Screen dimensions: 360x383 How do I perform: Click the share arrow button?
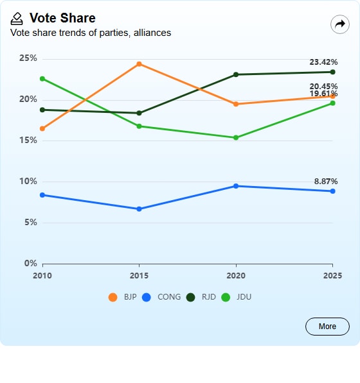pyautogui.click(x=340, y=24)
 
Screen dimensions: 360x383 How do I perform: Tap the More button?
pyautogui.click(x=327, y=327)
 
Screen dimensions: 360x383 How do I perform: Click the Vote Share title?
pyautogui.click(x=62, y=18)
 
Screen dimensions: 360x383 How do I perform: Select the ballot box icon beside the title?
pyautogui.click(x=17, y=19)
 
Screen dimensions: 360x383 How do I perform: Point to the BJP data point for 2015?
pyautogui.click(x=139, y=64)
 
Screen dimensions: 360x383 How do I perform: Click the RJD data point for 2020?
pyautogui.click(x=236, y=74)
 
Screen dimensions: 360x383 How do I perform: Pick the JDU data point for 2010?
pyautogui.click(x=42, y=79)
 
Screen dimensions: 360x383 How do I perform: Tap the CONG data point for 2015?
pyautogui.click(x=139, y=209)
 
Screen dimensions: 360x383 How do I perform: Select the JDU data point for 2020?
pyautogui.click(x=236, y=138)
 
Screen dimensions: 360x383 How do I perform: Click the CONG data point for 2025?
pyautogui.click(x=332, y=191)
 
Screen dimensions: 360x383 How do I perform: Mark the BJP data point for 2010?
pyautogui.click(x=42, y=128)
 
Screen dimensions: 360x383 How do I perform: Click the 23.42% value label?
pyautogui.click(x=323, y=62)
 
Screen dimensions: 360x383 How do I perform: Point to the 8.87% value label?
pyautogui.click(x=326, y=182)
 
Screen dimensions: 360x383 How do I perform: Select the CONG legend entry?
pyautogui.click(x=161, y=297)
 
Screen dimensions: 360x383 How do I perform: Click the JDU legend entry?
pyautogui.click(x=236, y=297)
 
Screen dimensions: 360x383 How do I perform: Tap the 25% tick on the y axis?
pyautogui.click(x=28, y=58)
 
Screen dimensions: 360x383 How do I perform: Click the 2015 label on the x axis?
pyautogui.click(x=139, y=275)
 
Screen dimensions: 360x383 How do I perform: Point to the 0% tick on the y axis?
pyautogui.click(x=31, y=263)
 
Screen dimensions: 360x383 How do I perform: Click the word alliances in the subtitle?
pyautogui.click(x=152, y=33)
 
